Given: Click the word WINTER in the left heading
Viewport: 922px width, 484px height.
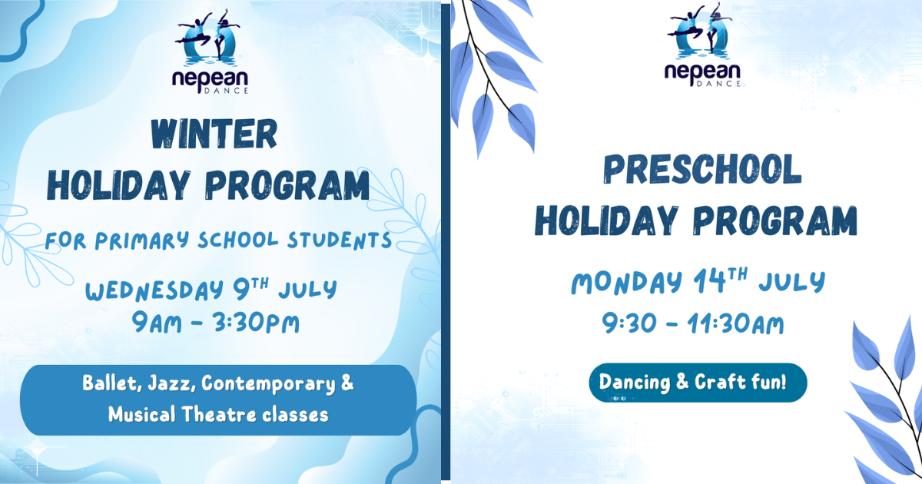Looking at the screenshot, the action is [x=214, y=134].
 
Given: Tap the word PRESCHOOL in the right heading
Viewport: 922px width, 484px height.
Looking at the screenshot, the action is [x=702, y=169].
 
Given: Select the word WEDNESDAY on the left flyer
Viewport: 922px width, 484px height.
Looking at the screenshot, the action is [x=154, y=290].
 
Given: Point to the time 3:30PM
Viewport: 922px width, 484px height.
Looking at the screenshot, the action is [x=257, y=323].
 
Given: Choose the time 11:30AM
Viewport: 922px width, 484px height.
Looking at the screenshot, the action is [x=736, y=323].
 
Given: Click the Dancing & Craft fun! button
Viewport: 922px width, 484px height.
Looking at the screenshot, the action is [x=698, y=383].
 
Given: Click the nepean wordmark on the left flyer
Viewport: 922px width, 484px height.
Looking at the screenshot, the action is [x=210, y=78].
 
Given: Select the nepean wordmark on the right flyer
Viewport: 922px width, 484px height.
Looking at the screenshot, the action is [x=702, y=72].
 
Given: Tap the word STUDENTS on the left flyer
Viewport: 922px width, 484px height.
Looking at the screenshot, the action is [x=339, y=240].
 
